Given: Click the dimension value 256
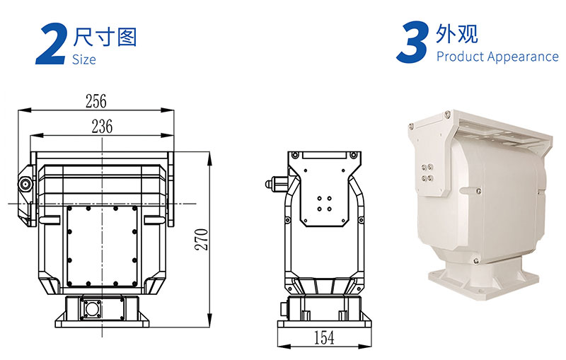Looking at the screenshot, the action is (96, 101).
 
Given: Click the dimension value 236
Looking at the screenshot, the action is (102, 127).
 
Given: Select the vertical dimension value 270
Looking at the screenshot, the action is (202, 240).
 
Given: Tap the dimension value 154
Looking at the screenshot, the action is (324, 337).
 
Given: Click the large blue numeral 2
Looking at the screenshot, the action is (52, 45).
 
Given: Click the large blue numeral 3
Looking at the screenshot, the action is (412, 42).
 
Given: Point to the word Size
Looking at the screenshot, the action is (83, 59).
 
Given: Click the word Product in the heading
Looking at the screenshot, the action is (458, 57).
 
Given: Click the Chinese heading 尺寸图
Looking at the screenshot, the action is (105, 37).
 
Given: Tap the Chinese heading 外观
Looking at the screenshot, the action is (457, 34).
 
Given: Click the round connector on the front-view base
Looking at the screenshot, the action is (91, 309).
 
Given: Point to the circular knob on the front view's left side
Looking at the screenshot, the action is (25, 185).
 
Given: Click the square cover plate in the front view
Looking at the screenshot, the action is (102, 246).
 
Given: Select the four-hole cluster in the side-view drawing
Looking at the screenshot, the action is (324, 204).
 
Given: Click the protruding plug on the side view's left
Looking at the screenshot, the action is (277, 183).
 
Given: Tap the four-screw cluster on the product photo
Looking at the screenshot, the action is (427, 173).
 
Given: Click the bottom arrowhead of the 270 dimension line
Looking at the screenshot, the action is (209, 320).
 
